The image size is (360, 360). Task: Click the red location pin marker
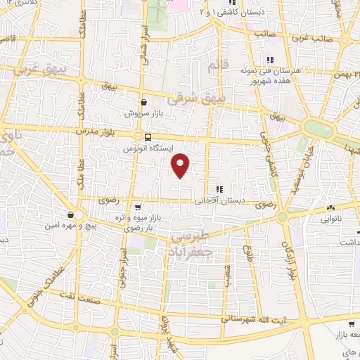click(181, 165)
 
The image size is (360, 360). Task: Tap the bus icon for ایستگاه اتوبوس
click(148, 138)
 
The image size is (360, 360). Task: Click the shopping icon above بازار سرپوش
click(143, 102)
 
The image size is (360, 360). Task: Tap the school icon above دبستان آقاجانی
click(219, 188)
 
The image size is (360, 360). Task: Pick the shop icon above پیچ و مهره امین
click(71, 214)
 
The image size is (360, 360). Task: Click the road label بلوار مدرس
click(110, 130)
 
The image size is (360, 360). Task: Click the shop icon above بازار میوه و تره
click(138, 207)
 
